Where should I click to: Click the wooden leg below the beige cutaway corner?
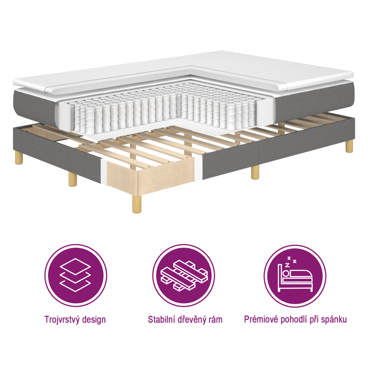137,205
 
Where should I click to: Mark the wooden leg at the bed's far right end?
349,147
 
